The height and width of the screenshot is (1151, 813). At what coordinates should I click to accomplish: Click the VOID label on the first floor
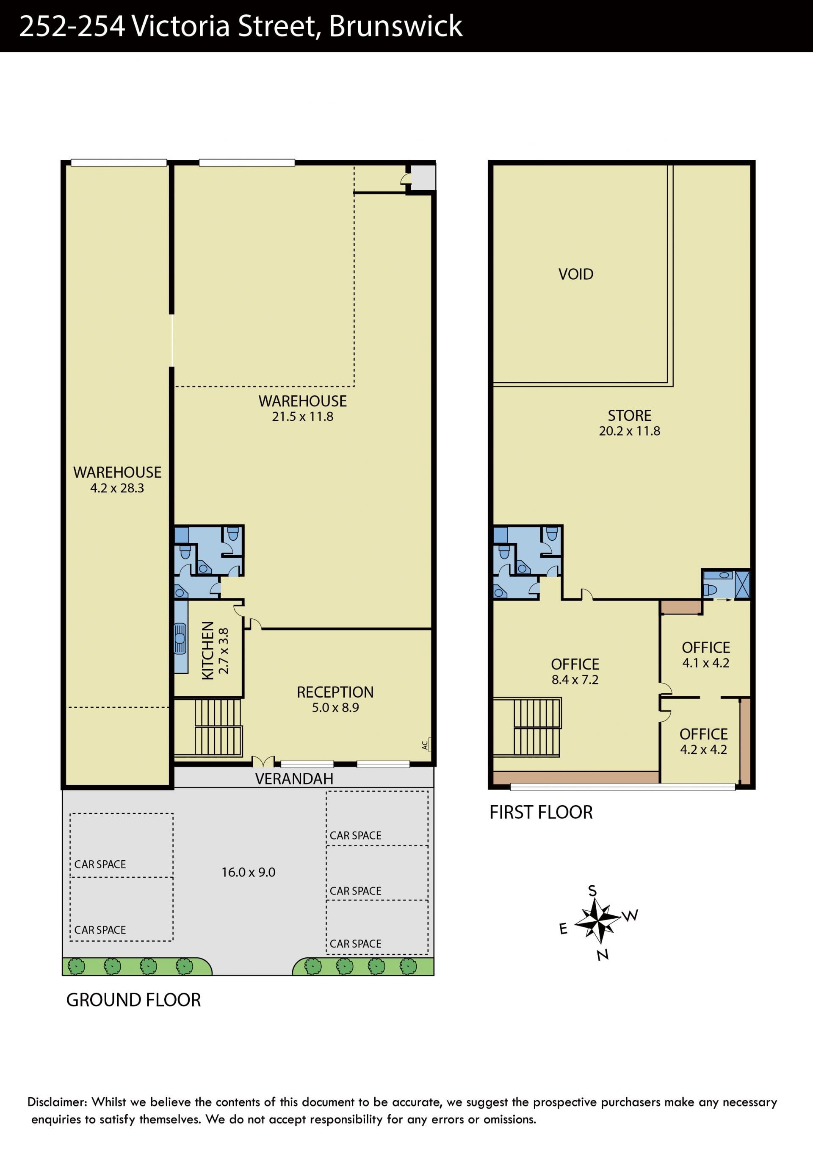pyautogui.click(x=575, y=274)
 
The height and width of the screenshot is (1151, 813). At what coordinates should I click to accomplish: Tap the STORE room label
pyautogui.click(x=629, y=416)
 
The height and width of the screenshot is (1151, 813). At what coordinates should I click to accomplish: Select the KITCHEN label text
pyautogui.click(x=207, y=650)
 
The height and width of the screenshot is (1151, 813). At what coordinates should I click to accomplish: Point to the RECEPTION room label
pyautogui.click(x=335, y=692)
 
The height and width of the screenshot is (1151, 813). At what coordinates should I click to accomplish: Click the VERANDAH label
pyautogui.click(x=294, y=778)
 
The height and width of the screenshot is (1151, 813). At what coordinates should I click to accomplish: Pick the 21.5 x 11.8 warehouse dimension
pyautogui.click(x=303, y=417)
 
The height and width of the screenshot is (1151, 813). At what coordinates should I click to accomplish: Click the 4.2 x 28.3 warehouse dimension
pyautogui.click(x=117, y=488)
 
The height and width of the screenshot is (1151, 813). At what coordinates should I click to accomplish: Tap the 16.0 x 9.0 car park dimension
pyautogui.click(x=249, y=872)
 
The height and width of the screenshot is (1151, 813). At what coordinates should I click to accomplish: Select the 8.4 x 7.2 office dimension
pyautogui.click(x=575, y=679)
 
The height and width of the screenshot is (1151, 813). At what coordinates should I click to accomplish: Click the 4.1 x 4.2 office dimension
pyautogui.click(x=706, y=663)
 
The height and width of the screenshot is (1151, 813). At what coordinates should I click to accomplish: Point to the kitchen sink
pyautogui.click(x=180, y=638)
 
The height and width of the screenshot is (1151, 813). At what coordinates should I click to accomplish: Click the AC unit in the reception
pyautogui.click(x=426, y=745)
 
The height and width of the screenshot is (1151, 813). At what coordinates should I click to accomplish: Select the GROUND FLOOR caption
pyautogui.click(x=133, y=1000)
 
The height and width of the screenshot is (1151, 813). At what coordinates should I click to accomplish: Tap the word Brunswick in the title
pyautogui.click(x=396, y=26)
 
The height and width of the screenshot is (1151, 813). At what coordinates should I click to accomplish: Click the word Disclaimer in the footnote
pyautogui.click(x=57, y=1102)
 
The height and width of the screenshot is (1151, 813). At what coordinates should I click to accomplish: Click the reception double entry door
pyautogui.click(x=263, y=762)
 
